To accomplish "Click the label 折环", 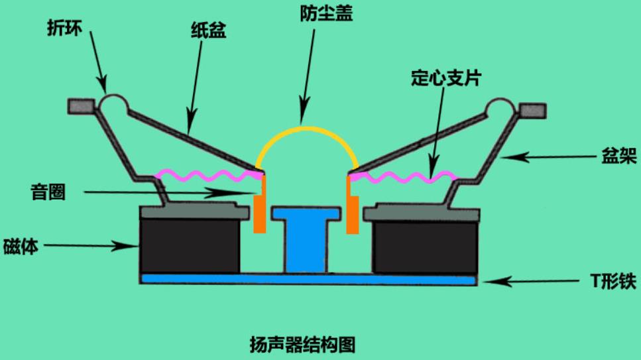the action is coord(64,29).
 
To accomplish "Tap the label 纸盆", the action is coord(209,30).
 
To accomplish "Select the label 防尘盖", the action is coord(326,13).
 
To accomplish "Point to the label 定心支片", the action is coord(446,78).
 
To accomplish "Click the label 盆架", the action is coord(619,156).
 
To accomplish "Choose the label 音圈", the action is coord(48,192).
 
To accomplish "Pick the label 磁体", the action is coord(21,246).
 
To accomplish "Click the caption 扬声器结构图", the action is coord(302,345).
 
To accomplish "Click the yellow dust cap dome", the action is coord(307,129).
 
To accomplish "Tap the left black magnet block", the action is coord(190,246).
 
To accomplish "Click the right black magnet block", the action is coord(425,247).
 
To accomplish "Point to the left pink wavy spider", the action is coord(209,176).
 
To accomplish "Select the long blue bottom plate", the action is coord(308,280).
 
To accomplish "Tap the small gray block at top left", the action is coord(81,106).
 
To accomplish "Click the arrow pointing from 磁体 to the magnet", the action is coord(91,246).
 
